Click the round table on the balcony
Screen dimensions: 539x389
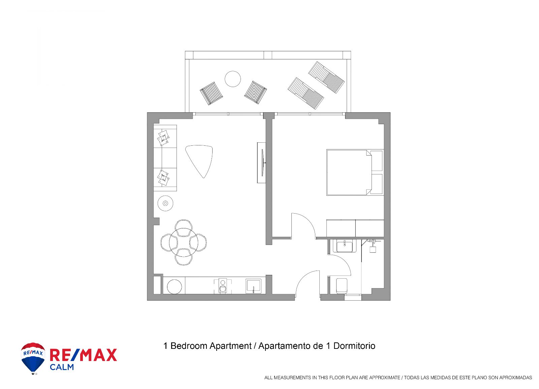233,79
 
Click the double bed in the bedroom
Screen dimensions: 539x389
355,172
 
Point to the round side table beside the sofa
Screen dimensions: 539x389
165,203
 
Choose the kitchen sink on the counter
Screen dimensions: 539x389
253,286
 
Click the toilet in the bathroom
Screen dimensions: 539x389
342,286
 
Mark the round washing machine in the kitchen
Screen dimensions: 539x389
174,286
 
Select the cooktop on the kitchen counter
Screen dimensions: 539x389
223,286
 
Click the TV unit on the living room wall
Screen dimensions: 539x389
261,163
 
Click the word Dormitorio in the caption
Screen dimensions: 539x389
354,346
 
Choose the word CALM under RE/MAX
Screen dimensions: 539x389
62,367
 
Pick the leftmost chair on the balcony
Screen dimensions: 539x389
211,93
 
